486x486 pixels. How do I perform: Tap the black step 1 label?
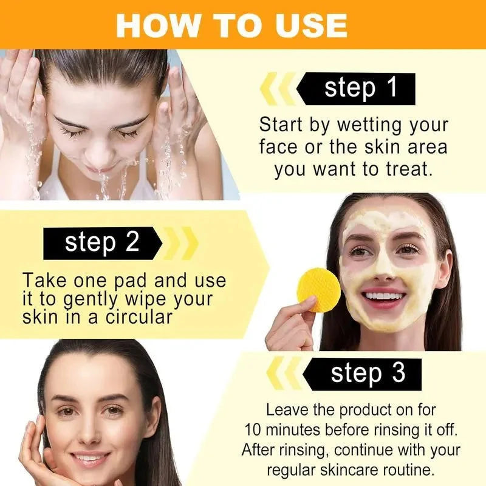click(x=356, y=89)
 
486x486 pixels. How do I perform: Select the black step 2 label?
click(x=103, y=244)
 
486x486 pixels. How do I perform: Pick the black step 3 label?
click(x=362, y=374)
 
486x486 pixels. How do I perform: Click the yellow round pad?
click(x=318, y=290)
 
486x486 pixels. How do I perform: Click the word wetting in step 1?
click(x=370, y=125)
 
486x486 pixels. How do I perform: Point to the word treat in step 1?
click(x=409, y=169)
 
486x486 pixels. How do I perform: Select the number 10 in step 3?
click(x=253, y=430)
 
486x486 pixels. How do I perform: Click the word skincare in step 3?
click(x=349, y=470)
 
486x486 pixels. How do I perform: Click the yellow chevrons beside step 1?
click(x=278, y=88)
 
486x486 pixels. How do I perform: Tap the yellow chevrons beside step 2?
click(x=180, y=244)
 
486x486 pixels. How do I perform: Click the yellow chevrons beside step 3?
click(x=284, y=373)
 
